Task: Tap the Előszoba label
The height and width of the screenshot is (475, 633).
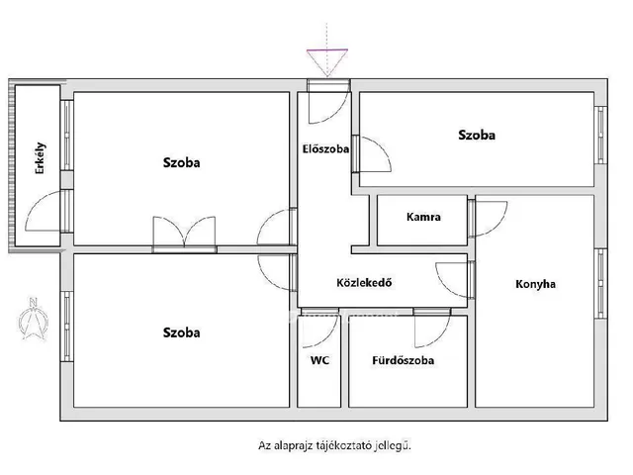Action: [325, 149]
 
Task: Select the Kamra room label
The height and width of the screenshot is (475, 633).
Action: [423, 217]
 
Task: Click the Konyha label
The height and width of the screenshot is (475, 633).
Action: [535, 284]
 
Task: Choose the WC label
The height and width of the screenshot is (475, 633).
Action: [319, 360]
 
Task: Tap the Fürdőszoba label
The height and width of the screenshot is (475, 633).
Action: [403, 360]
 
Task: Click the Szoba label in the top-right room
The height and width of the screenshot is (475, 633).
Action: [477, 135]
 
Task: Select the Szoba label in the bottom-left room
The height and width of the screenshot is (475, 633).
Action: [182, 332]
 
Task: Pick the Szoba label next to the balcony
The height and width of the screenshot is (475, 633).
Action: [182, 163]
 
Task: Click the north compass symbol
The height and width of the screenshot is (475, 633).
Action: [34, 319]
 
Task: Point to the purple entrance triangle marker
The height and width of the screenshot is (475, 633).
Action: [326, 60]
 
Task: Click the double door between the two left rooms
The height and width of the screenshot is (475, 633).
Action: [184, 234]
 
